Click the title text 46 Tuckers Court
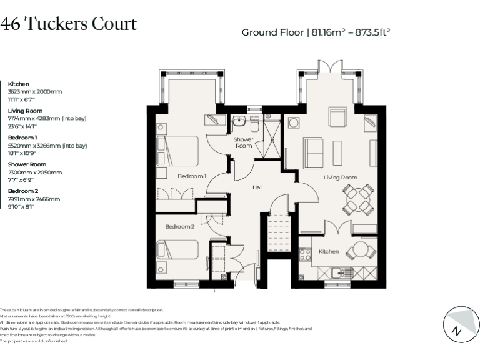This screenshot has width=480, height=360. (x=68, y=24)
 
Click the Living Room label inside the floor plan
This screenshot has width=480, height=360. (x=340, y=177)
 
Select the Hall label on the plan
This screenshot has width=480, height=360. (x=257, y=187)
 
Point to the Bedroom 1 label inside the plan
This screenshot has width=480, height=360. (x=192, y=176)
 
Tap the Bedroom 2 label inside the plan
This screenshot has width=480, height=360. (x=180, y=226)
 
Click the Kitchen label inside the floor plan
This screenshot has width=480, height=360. (x=329, y=252)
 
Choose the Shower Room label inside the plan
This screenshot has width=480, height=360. (x=244, y=142)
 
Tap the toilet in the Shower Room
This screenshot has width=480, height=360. (x=254, y=121)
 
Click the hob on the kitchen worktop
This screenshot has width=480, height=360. (x=306, y=255)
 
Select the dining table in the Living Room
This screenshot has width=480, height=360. (x=360, y=199)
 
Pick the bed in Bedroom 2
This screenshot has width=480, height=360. (x=177, y=251)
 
